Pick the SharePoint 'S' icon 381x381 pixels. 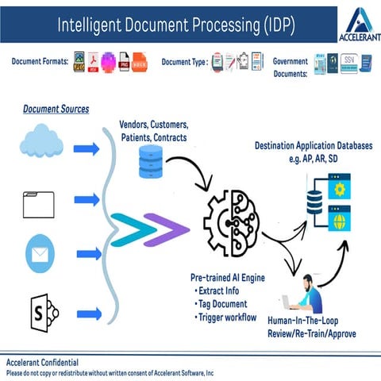coord(40,309)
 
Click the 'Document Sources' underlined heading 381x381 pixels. coord(56,108)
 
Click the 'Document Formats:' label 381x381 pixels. coord(37,61)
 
